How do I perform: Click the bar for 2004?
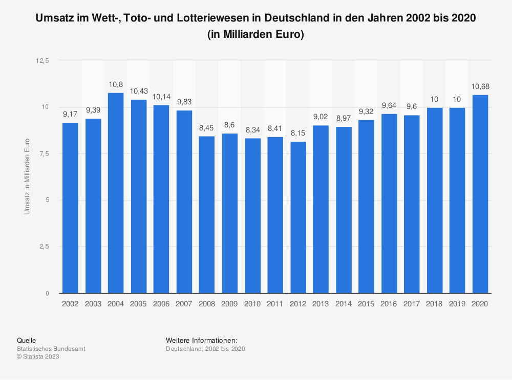click(x=116, y=193)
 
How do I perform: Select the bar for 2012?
click(x=298, y=217)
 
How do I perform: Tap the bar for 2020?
click(x=480, y=194)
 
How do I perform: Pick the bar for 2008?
click(x=207, y=214)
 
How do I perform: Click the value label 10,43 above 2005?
click(x=138, y=91)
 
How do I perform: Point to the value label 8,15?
click(x=298, y=132)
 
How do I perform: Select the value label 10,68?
click(x=480, y=86)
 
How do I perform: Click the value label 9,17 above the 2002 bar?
click(x=70, y=114)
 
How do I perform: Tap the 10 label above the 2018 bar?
click(x=435, y=99)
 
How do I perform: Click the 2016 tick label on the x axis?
click(x=389, y=304)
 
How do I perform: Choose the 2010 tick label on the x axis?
click(x=252, y=304)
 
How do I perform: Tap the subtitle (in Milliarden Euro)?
click(x=256, y=35)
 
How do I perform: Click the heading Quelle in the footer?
click(x=27, y=340)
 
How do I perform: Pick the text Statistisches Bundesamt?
click(x=51, y=348)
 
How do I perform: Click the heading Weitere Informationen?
click(x=202, y=340)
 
